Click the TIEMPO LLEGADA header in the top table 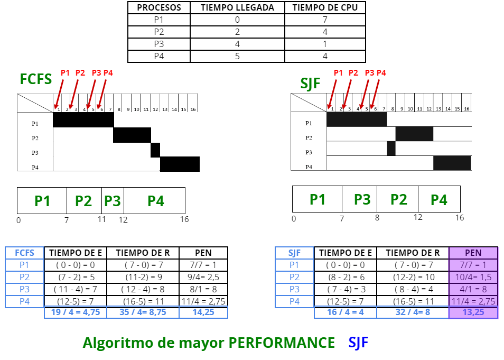(x=237, y=7)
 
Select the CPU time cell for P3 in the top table (x=325, y=44)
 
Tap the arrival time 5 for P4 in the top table (x=237, y=56)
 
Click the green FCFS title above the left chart (x=36, y=79)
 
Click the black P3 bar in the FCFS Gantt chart (x=155, y=150)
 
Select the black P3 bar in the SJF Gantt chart (x=391, y=149)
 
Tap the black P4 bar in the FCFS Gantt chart (x=180, y=164)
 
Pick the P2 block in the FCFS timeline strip (x=83, y=201)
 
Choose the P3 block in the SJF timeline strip (x=362, y=199)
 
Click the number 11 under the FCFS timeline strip (x=101, y=219)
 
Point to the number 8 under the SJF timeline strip (x=377, y=217)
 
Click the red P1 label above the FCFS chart (x=65, y=73)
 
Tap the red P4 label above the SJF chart (x=381, y=73)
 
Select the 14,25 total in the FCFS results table (x=203, y=312)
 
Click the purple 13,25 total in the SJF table (x=473, y=312)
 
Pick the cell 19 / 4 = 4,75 (x=74, y=312)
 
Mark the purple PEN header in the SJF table (x=473, y=253)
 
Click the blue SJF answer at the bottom (x=358, y=343)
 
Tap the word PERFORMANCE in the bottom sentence (x=282, y=343)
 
